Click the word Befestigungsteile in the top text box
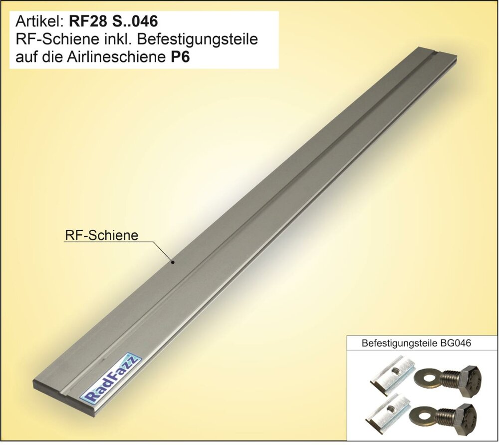click(x=198, y=39)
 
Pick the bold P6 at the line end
click(x=178, y=57)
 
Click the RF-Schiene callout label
click(x=101, y=235)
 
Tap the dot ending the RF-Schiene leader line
click(x=173, y=263)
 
